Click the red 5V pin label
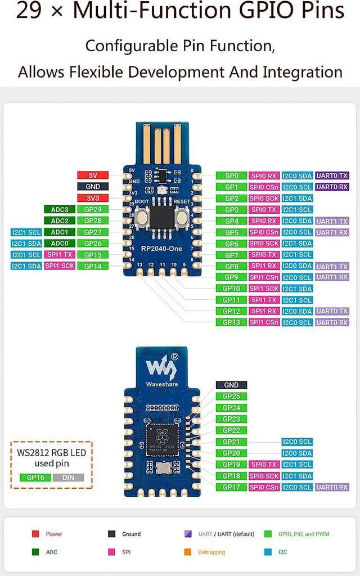[93, 175]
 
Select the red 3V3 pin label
[93, 198]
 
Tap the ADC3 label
[59, 210]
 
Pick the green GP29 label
[93, 210]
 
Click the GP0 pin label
[231, 175]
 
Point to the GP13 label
[231, 322]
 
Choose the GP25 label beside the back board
[231, 397]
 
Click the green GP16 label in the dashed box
[35, 478]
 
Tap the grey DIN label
[68, 478]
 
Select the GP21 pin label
[231, 442]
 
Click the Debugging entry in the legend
[211, 552]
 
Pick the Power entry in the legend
[54, 534]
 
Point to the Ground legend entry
[131, 534]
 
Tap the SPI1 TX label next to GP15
[59, 255]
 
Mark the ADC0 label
[59, 244]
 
